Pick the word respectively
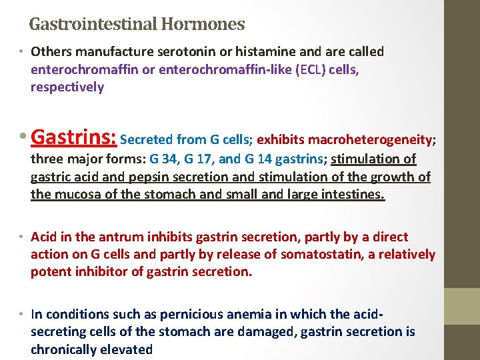[67, 87]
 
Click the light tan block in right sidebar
[462, 305]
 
